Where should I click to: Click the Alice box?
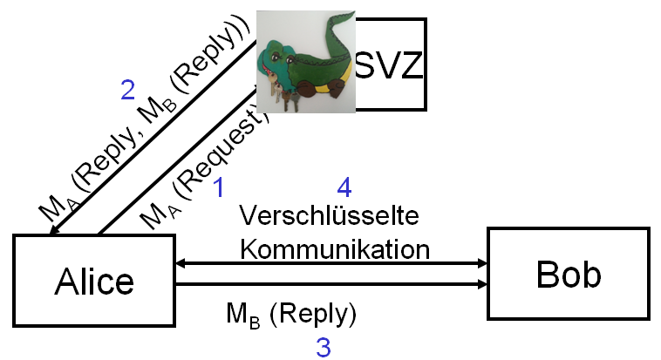[94, 279]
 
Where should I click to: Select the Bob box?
[568, 274]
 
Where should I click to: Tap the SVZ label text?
[391, 64]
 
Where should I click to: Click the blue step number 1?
[220, 186]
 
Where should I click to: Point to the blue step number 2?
[127, 89]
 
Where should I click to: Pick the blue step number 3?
[323, 347]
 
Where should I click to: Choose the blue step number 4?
[345, 186]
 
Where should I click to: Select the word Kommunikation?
[335, 248]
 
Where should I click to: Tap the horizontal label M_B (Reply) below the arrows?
[291, 313]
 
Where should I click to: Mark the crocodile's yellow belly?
[330, 88]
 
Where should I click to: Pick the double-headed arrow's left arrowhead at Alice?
[179, 263]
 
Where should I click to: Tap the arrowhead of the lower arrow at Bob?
[481, 284]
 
